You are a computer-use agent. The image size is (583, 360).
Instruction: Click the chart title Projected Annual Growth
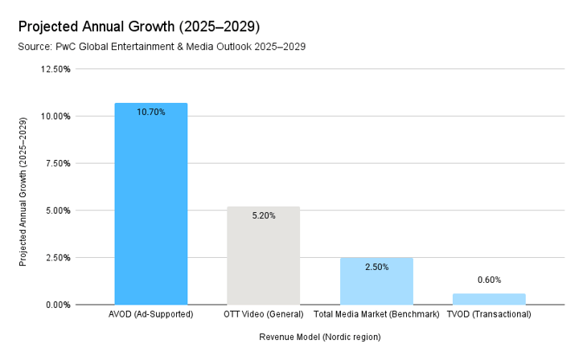(138, 27)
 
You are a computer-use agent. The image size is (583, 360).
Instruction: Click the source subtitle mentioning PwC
(162, 47)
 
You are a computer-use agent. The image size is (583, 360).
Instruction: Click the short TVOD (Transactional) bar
(489, 299)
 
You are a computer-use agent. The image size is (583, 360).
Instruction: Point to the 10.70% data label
(151, 112)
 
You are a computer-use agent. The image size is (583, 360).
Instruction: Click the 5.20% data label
(263, 216)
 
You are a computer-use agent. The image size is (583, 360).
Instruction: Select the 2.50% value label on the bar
(376, 267)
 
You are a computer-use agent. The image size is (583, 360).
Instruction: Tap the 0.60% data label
(489, 280)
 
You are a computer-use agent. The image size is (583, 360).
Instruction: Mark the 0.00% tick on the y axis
(57, 305)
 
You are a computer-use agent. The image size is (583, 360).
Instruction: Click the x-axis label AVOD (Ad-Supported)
(151, 314)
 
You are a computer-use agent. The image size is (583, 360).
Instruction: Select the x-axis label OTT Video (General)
(263, 314)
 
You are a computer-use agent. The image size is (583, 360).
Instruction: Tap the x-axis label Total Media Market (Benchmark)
(376, 314)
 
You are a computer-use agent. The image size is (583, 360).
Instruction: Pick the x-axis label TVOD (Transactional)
(489, 314)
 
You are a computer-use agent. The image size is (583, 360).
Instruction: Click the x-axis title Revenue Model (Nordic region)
(319, 337)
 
